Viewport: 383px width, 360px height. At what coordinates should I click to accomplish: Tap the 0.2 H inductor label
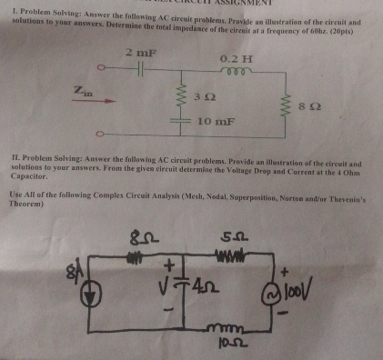click(236, 59)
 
